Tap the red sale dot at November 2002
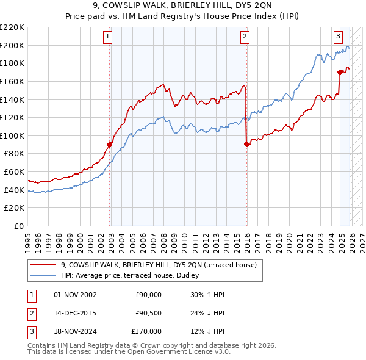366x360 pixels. pos(110,145)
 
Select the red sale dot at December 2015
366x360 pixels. pos(246,145)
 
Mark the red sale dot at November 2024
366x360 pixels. pos(340,72)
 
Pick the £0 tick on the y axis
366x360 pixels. pos(19,226)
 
